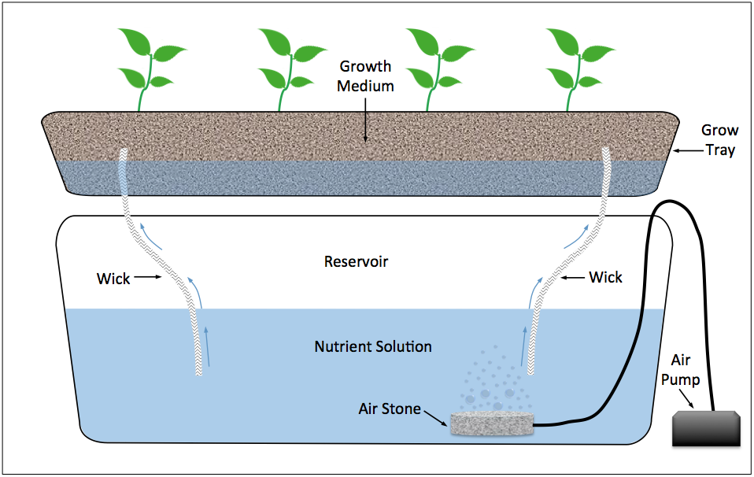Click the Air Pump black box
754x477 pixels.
[x=706, y=430]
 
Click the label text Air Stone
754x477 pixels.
[x=390, y=409]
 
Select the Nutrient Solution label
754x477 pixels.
[x=373, y=346]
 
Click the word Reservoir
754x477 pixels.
[x=356, y=261]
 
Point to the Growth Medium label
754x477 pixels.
[x=365, y=76]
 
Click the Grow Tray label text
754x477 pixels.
[x=719, y=139]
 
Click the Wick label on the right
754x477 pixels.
[x=605, y=277]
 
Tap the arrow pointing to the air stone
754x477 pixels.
[x=436, y=417]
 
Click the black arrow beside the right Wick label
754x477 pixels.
[x=572, y=277]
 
